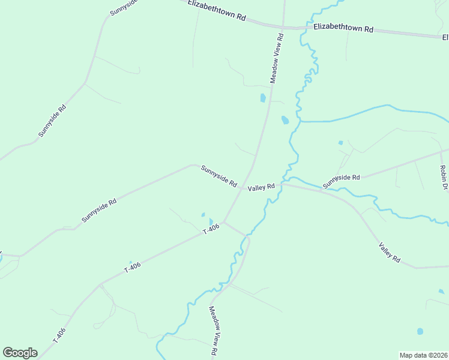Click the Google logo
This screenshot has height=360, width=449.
tap(20, 353)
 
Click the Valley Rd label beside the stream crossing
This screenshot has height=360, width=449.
tap(262, 187)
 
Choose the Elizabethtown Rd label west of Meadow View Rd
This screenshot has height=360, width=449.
tap(217, 11)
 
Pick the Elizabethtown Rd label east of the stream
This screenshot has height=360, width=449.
tap(343, 29)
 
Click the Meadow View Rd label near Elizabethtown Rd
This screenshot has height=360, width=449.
tap(276, 58)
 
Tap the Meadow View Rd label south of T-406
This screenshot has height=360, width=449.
tap(213, 332)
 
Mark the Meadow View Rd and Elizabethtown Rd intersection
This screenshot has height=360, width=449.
tap(283, 27)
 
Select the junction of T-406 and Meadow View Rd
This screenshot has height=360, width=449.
tap(224, 222)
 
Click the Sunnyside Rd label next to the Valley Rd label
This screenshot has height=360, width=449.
tap(219, 176)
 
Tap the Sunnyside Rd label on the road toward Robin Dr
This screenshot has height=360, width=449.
tap(341, 178)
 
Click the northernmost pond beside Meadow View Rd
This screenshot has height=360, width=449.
tap(262, 98)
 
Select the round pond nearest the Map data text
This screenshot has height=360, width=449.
tap(420, 331)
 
